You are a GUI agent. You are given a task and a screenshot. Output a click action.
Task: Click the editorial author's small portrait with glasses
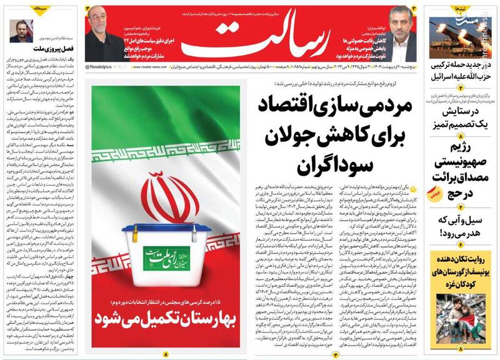[19, 31]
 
